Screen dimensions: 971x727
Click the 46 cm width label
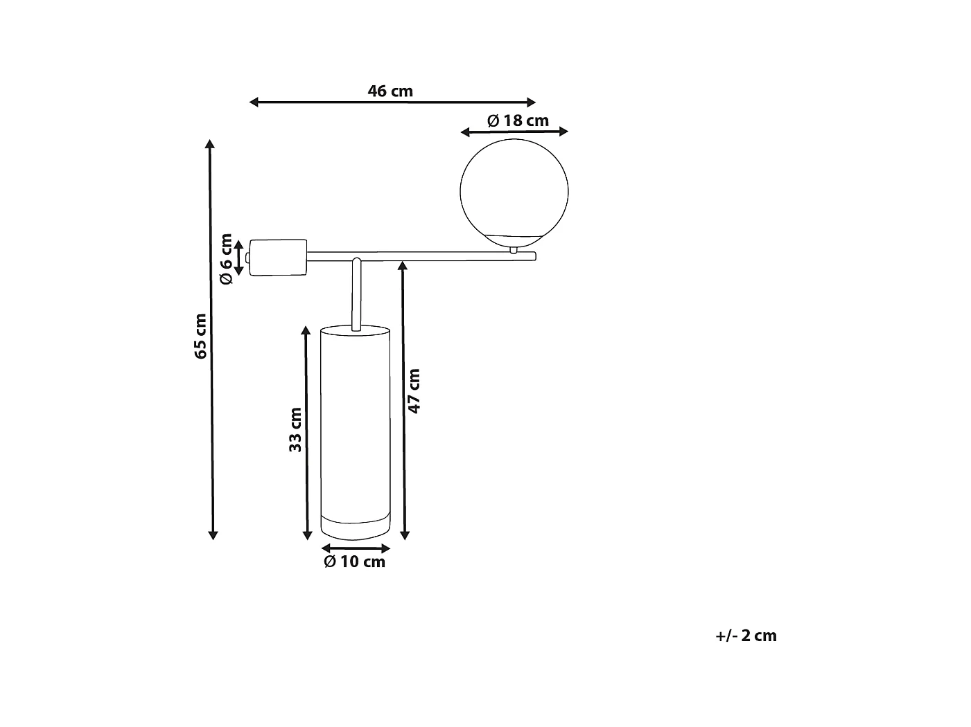(390, 91)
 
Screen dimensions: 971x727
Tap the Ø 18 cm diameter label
(518, 120)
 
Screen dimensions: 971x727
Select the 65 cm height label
(200, 336)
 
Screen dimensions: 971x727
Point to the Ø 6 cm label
(226, 259)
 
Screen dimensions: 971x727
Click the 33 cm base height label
(295, 429)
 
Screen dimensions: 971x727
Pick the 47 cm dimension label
(414, 391)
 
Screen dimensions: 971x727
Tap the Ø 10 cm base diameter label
(354, 562)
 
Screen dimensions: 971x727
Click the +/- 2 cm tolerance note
(746, 636)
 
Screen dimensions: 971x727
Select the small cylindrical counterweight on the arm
(278, 258)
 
